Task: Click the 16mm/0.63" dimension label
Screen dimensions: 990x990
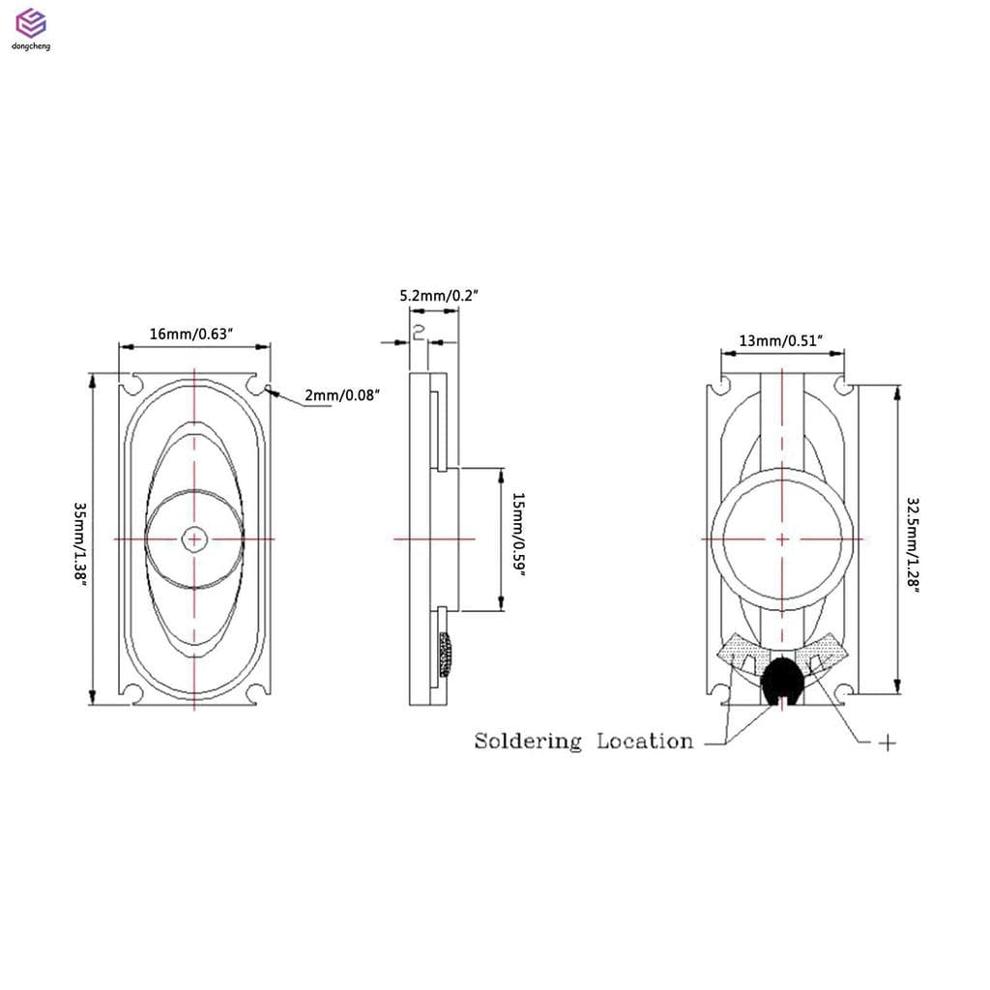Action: point(193,334)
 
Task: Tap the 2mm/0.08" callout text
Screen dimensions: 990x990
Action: point(342,394)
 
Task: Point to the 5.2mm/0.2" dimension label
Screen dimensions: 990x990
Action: point(440,296)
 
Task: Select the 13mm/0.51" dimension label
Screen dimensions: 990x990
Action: point(780,340)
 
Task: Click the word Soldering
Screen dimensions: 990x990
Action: point(528,742)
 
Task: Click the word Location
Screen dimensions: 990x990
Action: point(645,742)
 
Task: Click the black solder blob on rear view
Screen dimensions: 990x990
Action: point(781,680)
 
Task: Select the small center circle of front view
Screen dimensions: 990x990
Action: point(194,539)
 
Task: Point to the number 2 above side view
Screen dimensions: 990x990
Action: point(419,333)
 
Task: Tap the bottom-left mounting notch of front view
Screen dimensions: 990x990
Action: point(132,691)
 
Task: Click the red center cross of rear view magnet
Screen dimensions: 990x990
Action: point(781,539)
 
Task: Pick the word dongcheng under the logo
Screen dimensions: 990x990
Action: point(31,45)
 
